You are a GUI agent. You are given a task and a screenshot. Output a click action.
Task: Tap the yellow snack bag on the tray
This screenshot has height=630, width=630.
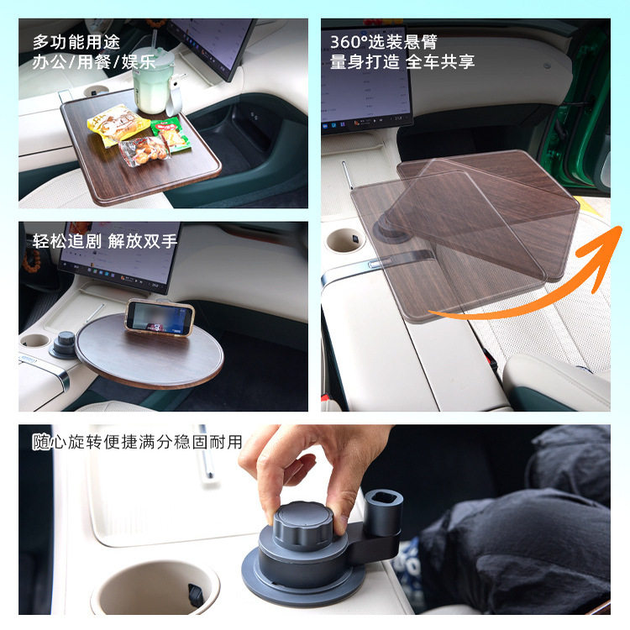(118, 124)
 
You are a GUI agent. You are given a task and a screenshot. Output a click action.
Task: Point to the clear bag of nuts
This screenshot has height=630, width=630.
(144, 151)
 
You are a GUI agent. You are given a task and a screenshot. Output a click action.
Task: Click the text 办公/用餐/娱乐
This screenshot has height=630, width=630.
(93, 61)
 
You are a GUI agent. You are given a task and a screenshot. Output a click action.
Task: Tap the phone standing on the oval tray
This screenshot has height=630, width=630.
(160, 317)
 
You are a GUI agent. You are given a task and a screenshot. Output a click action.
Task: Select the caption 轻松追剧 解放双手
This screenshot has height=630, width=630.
(104, 241)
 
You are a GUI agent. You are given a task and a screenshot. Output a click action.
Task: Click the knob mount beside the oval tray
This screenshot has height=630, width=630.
(65, 345)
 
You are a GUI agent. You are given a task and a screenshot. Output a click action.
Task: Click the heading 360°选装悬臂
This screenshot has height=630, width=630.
(383, 41)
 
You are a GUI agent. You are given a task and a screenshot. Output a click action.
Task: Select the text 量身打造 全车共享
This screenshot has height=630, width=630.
(402, 61)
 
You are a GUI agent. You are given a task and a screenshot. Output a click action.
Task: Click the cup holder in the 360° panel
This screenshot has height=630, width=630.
(344, 240)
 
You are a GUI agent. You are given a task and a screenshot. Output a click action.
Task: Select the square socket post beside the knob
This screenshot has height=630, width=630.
(383, 509)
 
